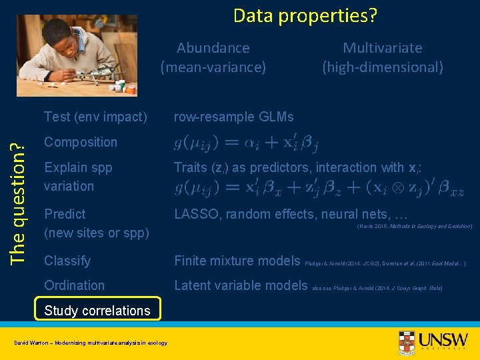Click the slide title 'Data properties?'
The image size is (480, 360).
(305, 15)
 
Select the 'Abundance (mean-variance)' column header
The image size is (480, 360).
(213, 57)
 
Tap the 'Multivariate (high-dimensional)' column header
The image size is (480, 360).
(382, 57)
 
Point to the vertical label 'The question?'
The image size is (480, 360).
(19, 194)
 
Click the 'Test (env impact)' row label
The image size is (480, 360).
(95, 117)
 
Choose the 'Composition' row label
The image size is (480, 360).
(80, 142)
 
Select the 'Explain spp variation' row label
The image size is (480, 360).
(78, 177)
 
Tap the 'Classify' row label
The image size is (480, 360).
(67, 261)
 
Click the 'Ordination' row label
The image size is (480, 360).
(74, 285)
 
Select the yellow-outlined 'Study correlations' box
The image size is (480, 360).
(97, 311)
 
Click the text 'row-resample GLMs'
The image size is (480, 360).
(233, 117)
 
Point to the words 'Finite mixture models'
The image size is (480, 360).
(237, 261)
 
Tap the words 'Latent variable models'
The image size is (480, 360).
(241, 285)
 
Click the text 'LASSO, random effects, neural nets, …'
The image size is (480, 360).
(291, 214)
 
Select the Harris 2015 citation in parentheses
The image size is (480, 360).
(415, 227)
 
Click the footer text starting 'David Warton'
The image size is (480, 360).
(91, 343)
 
